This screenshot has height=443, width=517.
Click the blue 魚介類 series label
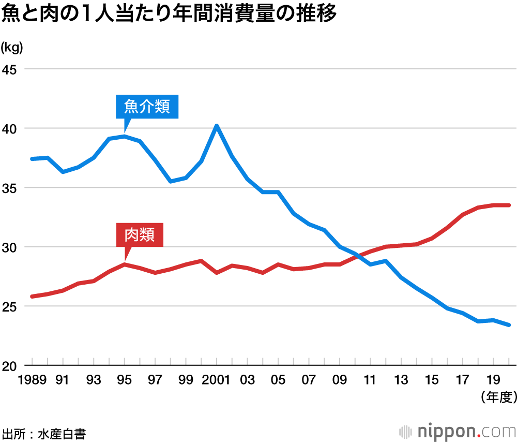click(147, 107)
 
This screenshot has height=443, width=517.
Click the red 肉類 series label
click(140, 235)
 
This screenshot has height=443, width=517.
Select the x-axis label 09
click(339, 380)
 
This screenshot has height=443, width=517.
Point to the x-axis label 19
click(493, 380)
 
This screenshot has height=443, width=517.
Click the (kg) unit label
click(12, 48)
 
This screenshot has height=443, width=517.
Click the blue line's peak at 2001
click(217, 126)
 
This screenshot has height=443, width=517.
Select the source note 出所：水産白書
click(43, 433)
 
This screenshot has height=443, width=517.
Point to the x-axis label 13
click(401, 380)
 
